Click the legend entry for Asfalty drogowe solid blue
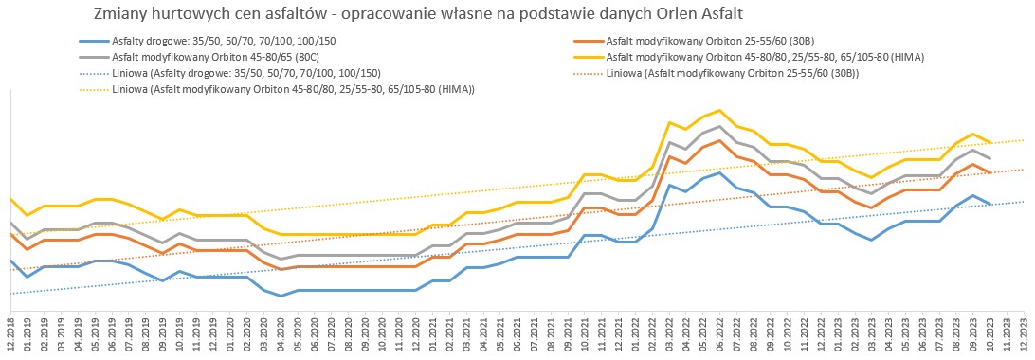pos(208,41)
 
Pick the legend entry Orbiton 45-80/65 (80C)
pos(208,57)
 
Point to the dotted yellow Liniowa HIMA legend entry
pos(277,89)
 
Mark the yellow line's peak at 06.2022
pos(719,110)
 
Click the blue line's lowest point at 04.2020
pos(281,296)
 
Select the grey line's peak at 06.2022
pos(719,126)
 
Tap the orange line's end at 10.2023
pos(990,172)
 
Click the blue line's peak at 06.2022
pos(719,172)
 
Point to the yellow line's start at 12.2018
pos(10,198)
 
